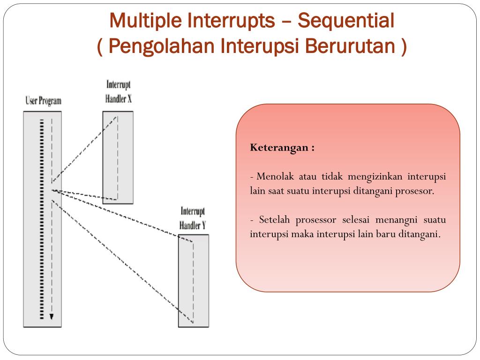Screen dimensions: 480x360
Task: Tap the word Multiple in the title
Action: (145, 21)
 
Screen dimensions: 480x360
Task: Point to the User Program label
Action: (43, 101)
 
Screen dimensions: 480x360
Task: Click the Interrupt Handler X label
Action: (118, 92)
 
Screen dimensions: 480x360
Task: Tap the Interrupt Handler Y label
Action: (193, 218)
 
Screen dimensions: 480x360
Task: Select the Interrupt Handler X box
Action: (118, 157)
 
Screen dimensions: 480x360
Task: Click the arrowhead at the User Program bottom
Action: (52, 317)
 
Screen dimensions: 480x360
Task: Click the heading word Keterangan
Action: (279, 148)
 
